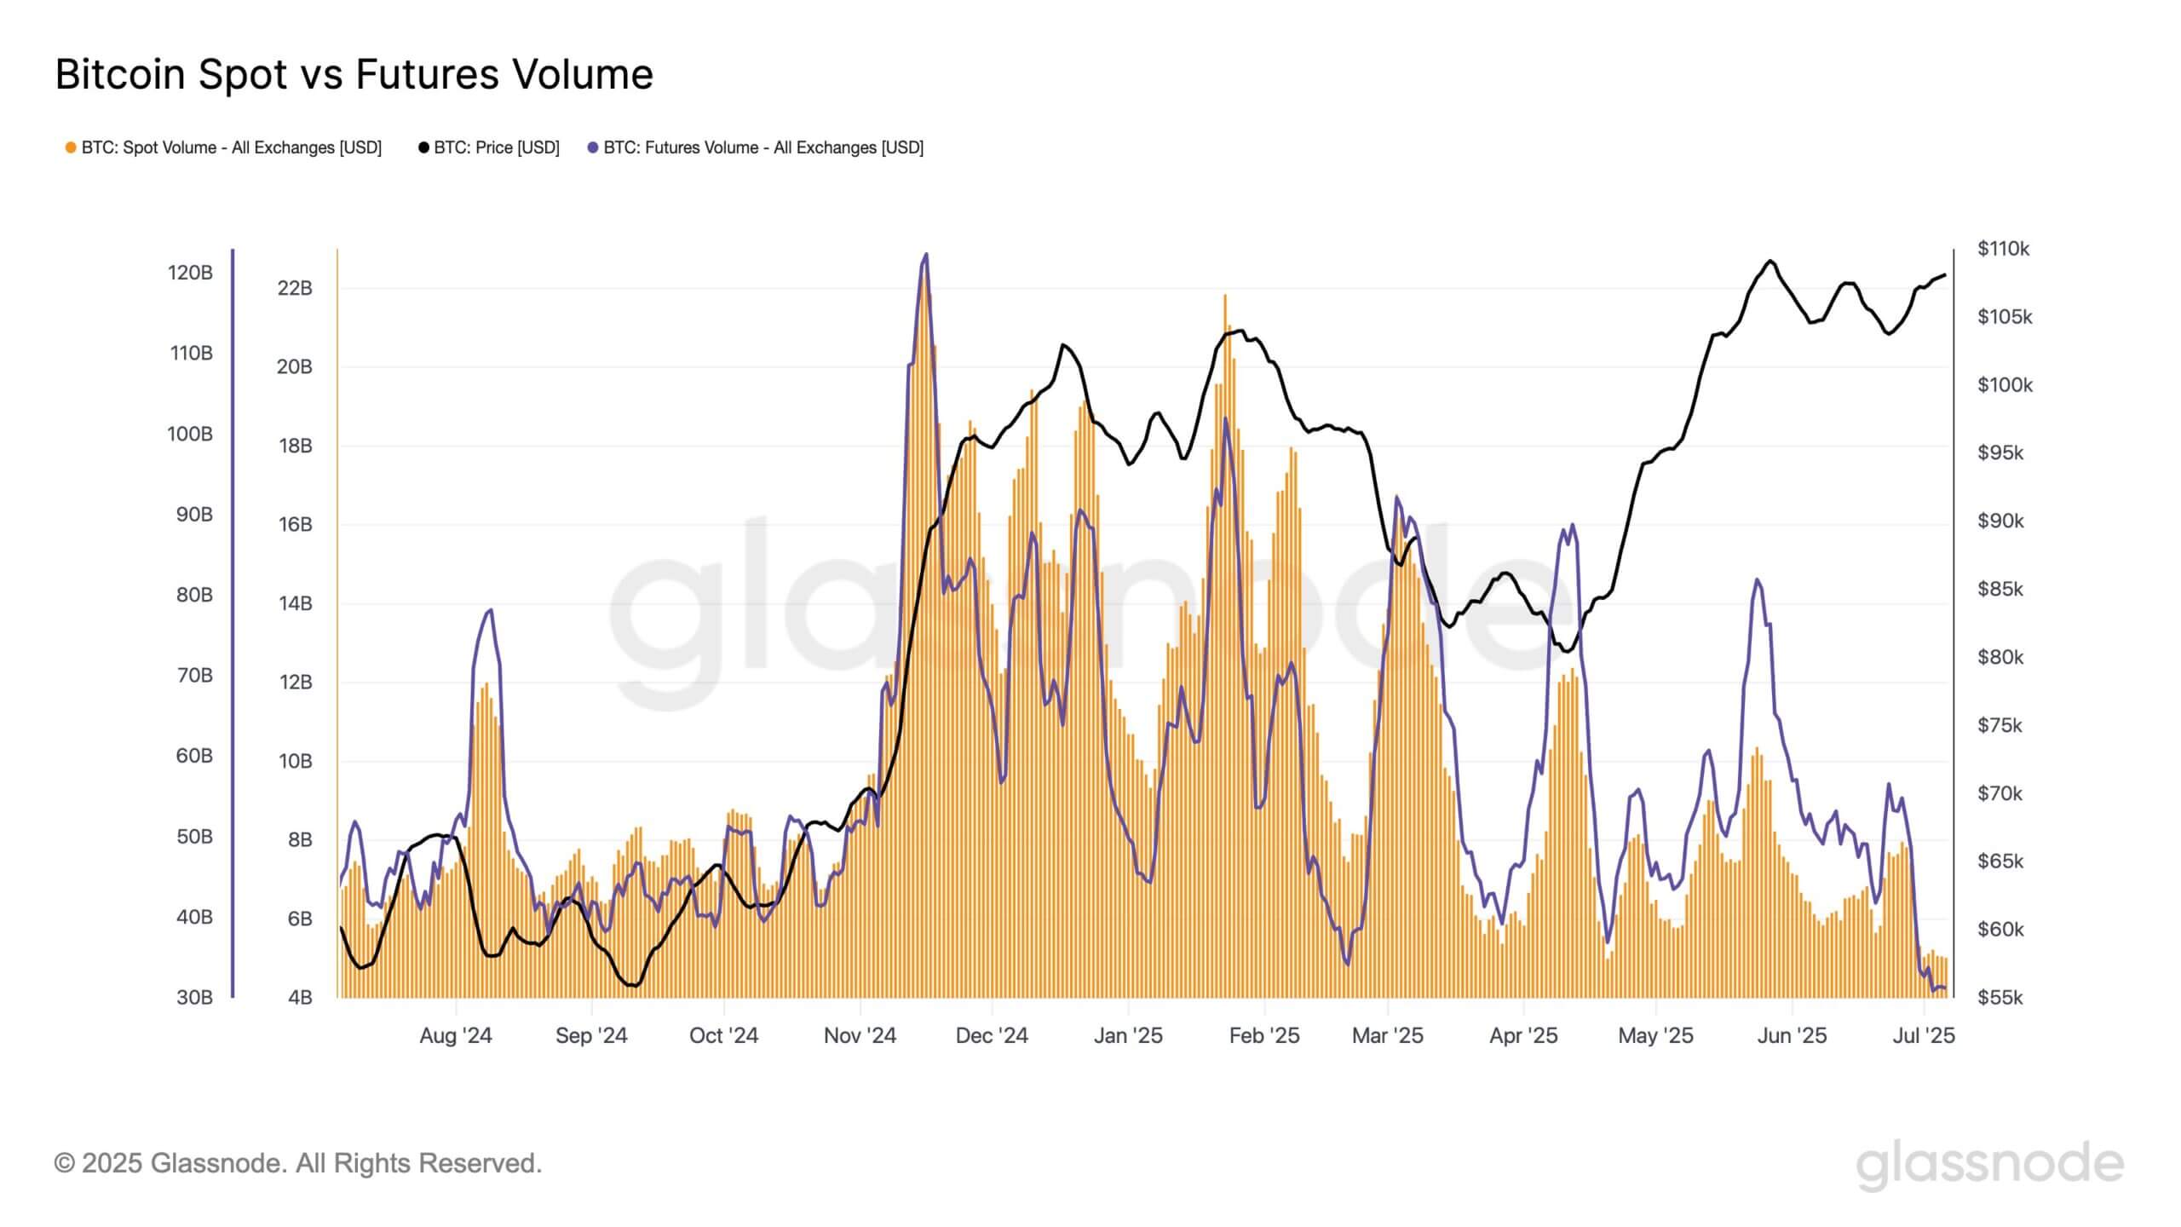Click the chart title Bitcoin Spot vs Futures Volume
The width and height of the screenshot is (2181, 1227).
354,75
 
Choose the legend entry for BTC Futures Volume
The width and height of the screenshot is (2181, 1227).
756,148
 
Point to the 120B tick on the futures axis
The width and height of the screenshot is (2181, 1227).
190,273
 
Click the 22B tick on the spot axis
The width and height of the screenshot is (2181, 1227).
295,288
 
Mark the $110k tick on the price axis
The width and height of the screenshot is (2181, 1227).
2003,249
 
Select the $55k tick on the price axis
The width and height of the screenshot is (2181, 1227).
2000,997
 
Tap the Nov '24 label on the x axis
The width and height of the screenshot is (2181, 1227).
860,1035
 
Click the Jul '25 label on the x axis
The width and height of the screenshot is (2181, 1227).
1924,1035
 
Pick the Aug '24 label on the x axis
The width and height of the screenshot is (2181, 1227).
456,1035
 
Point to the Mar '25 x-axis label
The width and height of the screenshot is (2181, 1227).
1387,1035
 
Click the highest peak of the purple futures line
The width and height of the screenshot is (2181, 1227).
926,254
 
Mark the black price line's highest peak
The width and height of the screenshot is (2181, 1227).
1770,261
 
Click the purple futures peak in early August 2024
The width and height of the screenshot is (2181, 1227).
489,610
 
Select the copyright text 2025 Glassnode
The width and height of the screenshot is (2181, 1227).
298,1163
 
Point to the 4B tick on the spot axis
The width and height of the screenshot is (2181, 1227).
300,997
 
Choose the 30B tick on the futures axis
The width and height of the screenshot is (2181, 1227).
194,997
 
